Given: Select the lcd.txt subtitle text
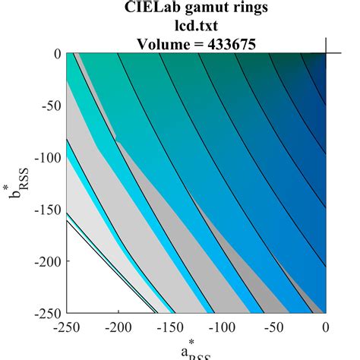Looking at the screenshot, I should [197, 27].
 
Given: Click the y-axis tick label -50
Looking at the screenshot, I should [50, 106].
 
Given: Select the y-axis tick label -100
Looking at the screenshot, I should [46, 157].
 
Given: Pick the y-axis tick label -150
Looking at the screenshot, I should [46, 209].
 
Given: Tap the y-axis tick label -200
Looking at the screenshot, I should [46, 261].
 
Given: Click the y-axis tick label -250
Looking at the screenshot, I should [46, 312].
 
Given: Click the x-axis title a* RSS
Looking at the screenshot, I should [196, 352].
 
